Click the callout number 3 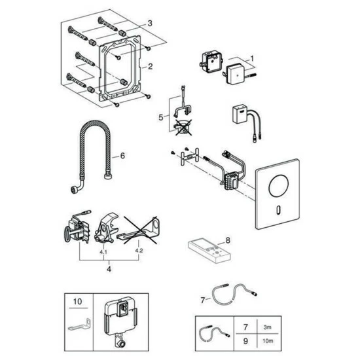[150, 23]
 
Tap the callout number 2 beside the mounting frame [150, 67]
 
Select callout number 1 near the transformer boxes [252, 58]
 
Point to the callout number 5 [161, 117]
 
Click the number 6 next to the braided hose [122, 156]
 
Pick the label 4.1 [103, 252]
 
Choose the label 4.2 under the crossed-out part [139, 250]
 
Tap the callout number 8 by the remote [228, 240]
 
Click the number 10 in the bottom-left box [78, 302]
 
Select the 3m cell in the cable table [268, 327]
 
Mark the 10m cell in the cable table [268, 341]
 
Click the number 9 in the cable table [245, 341]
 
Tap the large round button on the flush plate [279, 186]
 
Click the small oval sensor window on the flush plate [278, 210]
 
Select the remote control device [209, 252]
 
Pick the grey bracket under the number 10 [80, 324]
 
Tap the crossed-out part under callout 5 [183, 127]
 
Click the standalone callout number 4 [109, 269]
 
